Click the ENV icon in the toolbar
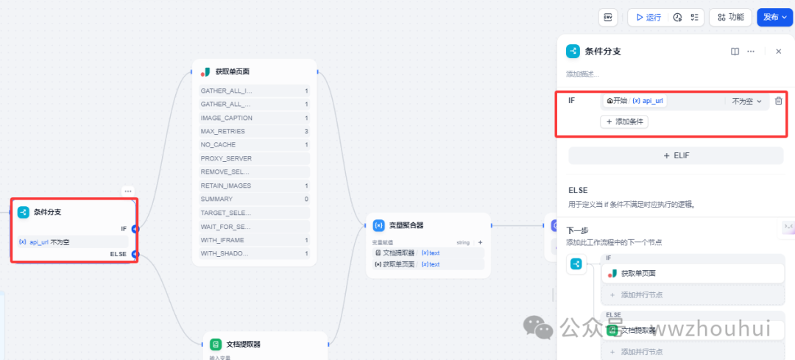pyautogui.click(x=608, y=17)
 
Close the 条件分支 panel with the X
pyautogui.click(x=779, y=52)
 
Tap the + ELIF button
pyautogui.click(x=675, y=155)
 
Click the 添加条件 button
pyautogui.click(x=624, y=121)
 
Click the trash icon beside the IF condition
pyautogui.click(x=778, y=101)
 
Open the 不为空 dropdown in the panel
pyautogui.click(x=746, y=101)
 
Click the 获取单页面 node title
pyautogui.click(x=232, y=71)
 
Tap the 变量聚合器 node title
pyautogui.click(x=406, y=225)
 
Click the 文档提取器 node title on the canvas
pyautogui.click(x=243, y=344)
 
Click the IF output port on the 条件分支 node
pyautogui.click(x=135, y=229)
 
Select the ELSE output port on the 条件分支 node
pyautogui.click(x=135, y=254)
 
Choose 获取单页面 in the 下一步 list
pyautogui.click(x=637, y=273)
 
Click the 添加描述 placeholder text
pyautogui.click(x=582, y=74)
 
